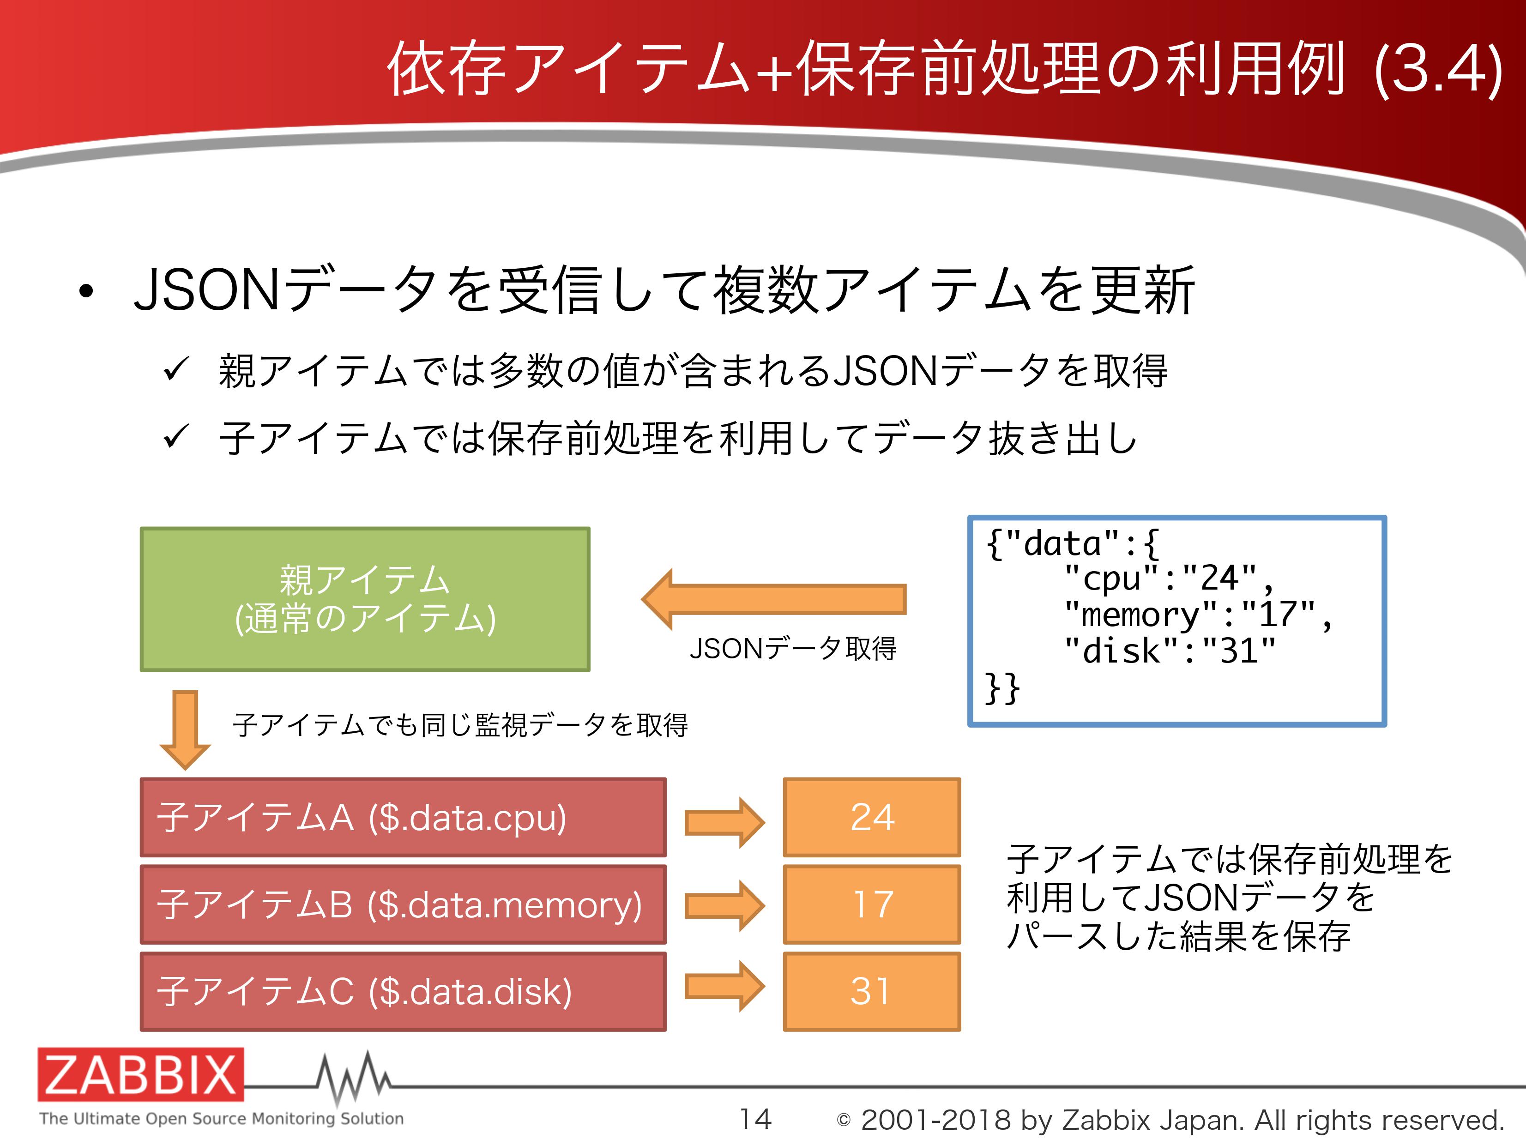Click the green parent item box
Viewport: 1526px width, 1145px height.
[365, 599]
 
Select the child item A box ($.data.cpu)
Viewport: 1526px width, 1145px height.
[403, 817]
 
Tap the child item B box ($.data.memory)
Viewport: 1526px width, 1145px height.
[403, 904]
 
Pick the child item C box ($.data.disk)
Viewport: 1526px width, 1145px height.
[403, 991]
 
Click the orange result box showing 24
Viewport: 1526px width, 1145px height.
[872, 817]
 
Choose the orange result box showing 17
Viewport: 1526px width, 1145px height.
[872, 904]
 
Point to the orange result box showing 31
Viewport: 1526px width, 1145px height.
[872, 991]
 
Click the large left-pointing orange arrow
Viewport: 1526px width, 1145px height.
[773, 599]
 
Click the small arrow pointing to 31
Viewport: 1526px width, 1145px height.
[724, 986]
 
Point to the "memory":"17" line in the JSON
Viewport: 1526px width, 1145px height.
[1198, 615]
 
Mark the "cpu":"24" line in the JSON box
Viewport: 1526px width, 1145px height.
[1169, 578]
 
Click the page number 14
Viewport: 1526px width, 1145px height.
[755, 1119]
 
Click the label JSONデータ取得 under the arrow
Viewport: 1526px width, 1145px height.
[793, 648]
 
